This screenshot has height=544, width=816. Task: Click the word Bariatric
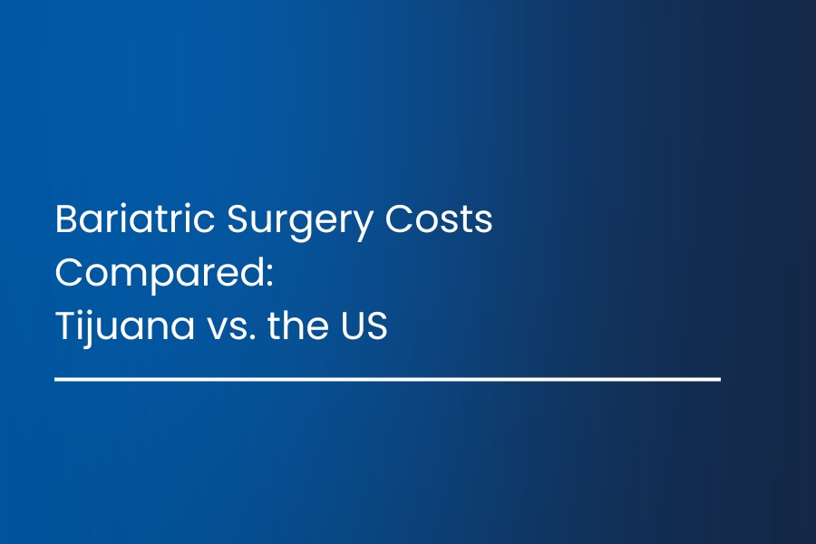tap(135, 219)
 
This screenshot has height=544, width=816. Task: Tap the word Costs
tap(439, 219)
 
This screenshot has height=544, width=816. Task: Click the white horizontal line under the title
tap(388, 380)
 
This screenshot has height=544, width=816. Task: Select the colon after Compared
tap(269, 276)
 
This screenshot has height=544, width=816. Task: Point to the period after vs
tap(252, 336)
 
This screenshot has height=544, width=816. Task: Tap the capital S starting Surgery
tap(238, 219)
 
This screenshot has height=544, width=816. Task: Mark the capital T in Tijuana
tap(65, 325)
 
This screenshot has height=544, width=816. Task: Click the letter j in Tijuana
tap(86, 330)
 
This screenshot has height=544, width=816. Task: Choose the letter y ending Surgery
tap(361, 228)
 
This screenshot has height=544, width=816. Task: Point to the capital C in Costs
tap(398, 219)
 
